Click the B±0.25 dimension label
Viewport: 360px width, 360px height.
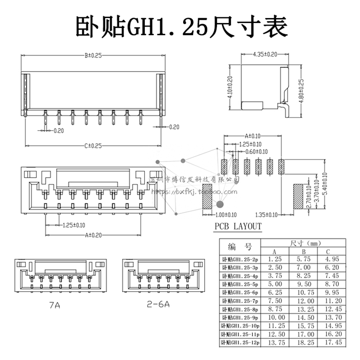tap(93, 55)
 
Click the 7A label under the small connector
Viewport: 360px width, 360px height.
tap(54, 305)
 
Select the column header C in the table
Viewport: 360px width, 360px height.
tap(328, 251)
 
